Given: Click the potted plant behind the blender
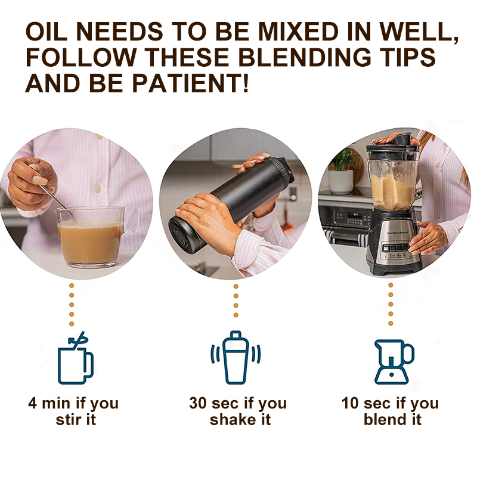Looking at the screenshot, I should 342,170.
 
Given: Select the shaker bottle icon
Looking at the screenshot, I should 235,358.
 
